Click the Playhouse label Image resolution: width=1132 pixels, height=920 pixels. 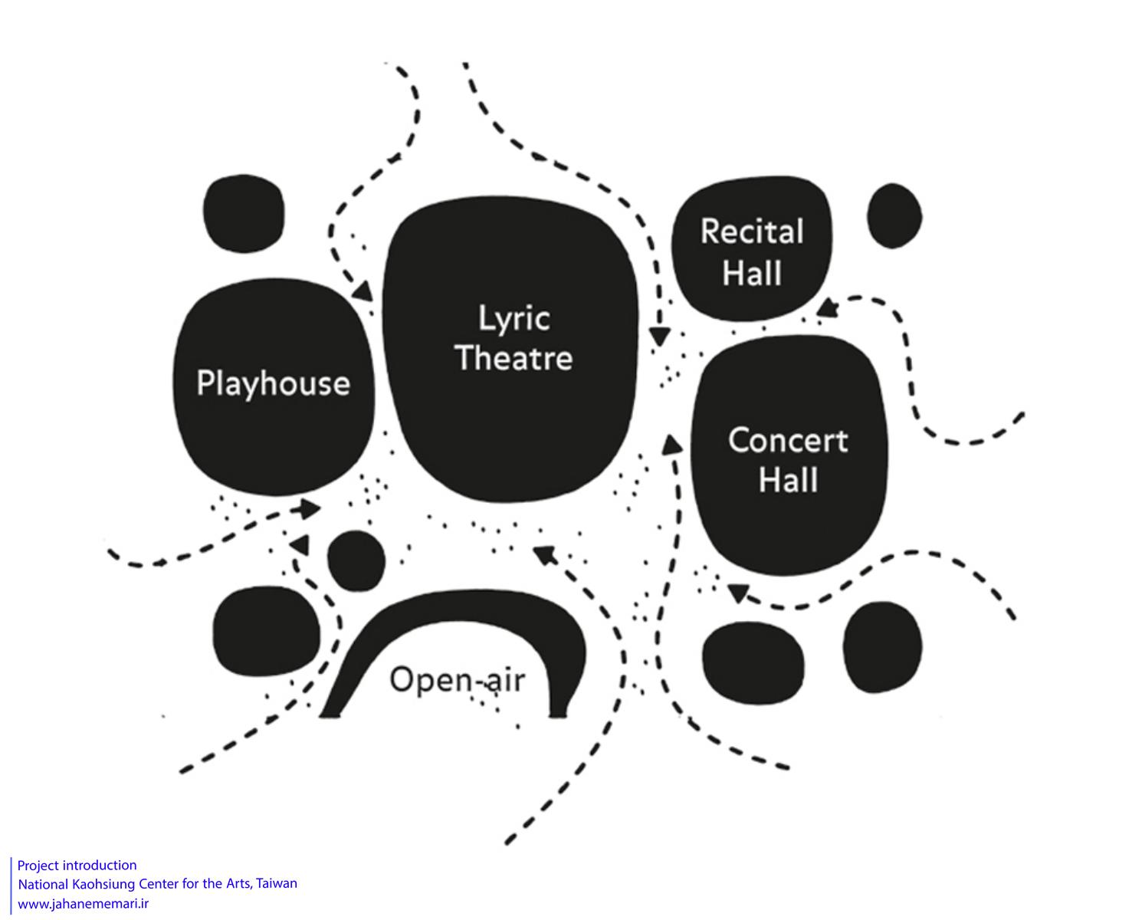pyautogui.click(x=273, y=383)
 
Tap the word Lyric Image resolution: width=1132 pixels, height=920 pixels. pyautogui.click(x=514, y=318)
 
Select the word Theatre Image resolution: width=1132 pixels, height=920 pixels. pyautogui.click(x=514, y=358)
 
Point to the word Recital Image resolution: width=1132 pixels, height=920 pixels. pyautogui.click(x=752, y=232)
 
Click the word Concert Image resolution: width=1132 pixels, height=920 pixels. pyautogui.click(x=788, y=440)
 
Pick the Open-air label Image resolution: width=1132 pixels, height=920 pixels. pyautogui.click(x=457, y=679)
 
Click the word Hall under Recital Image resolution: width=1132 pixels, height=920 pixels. pyautogui.click(x=752, y=273)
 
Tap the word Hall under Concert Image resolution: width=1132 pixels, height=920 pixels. pyautogui.click(x=788, y=481)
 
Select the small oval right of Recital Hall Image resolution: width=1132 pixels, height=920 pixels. pyautogui.click(x=894, y=215)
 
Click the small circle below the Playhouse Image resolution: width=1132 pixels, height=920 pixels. pyautogui.click(x=356, y=560)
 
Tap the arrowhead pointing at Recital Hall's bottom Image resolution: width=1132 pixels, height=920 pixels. pyautogui.click(x=825, y=307)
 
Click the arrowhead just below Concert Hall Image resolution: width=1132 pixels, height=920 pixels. pyautogui.click(x=738, y=593)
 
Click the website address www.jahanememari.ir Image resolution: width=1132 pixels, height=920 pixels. pyautogui.click(x=83, y=903)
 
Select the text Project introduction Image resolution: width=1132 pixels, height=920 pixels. pyautogui.click(x=77, y=866)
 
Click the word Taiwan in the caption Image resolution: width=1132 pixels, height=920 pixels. pyautogui.click(x=277, y=883)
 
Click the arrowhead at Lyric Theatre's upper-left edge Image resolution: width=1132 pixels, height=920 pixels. pyautogui.click(x=363, y=292)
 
